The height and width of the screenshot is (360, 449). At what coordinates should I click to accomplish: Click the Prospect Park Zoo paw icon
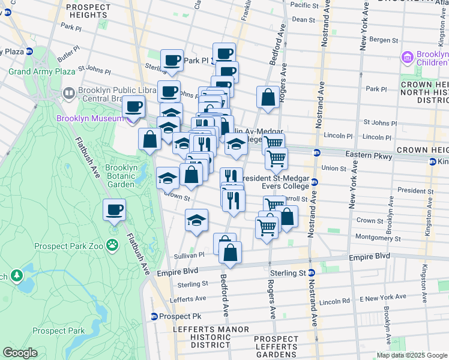point(112,244)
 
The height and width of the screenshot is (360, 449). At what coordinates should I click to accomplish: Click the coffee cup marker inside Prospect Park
point(113,211)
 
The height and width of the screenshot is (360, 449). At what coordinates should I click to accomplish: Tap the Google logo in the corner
point(20,353)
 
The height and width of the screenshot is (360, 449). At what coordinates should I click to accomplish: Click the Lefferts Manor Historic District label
point(202,337)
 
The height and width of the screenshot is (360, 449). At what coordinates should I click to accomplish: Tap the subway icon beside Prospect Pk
point(154,316)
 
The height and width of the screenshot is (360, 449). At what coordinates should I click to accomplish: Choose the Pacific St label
point(304,5)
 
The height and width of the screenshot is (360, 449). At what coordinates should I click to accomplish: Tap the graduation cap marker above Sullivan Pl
point(196,220)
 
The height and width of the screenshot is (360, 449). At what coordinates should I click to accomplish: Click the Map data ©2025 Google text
point(411,355)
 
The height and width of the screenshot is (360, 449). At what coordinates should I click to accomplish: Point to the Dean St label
point(303,19)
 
